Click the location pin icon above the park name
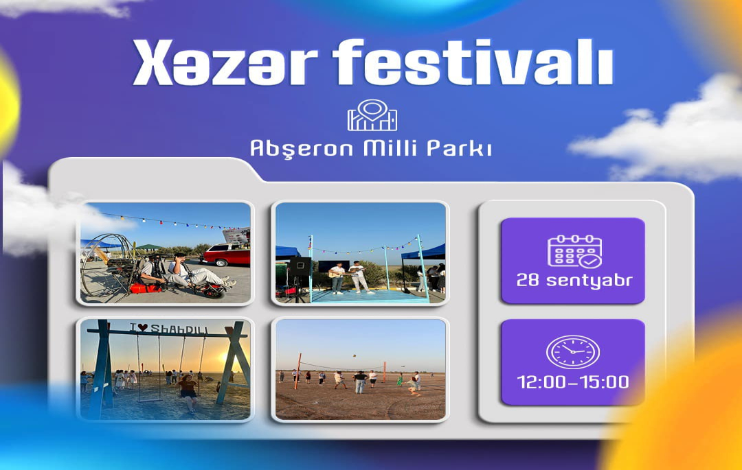coord(372,115)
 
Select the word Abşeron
coord(302,148)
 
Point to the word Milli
coord(390,148)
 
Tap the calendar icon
coord(574,251)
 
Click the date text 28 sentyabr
coord(574,281)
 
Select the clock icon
coord(573,352)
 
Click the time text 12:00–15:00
coord(573,381)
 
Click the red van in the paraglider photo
coord(227,254)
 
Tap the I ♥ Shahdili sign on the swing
coord(169,329)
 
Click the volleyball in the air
coord(354,355)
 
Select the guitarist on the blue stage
coord(337,279)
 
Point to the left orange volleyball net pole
coord(298,371)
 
